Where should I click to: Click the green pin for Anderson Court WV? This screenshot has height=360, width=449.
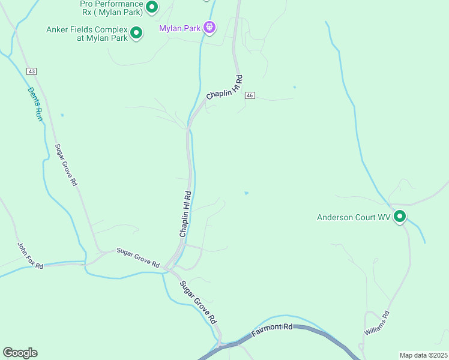400,217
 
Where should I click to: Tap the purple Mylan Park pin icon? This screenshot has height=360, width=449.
209,27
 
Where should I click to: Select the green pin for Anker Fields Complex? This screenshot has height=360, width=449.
136,32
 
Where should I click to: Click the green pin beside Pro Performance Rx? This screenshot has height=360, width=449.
152,7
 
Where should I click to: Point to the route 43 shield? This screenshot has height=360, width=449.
31,71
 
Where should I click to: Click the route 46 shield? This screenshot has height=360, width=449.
250,95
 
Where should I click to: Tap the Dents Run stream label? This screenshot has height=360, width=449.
35,104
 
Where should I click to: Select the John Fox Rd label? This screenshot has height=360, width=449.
29,256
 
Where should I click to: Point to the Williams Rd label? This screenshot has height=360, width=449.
377,323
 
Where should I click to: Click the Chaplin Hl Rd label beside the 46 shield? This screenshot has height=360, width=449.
224,88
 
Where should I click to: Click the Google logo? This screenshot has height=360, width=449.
20,353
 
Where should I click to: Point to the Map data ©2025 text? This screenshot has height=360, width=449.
423,355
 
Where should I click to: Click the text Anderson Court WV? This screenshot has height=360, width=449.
354,217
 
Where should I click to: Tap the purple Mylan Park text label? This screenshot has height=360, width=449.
179,28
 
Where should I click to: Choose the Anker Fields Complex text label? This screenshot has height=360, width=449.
87,34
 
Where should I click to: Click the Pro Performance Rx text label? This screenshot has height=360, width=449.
111,7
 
